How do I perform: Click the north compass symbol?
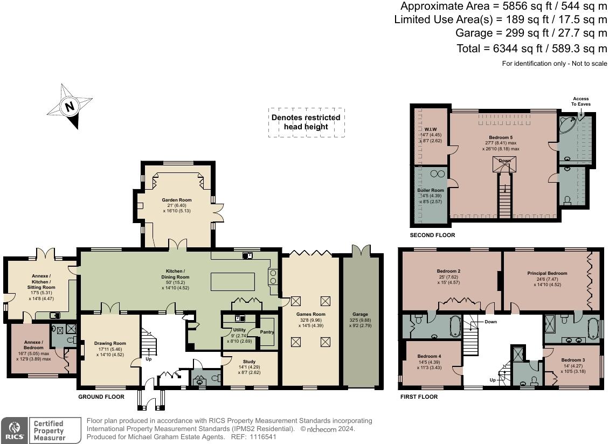(70, 106)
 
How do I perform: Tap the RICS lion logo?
(15, 430)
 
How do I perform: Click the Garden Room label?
(177, 200)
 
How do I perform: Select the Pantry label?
(267, 332)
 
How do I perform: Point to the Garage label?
(360, 314)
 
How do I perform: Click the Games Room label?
(311, 314)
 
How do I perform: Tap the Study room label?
(249, 362)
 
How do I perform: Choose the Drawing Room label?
(110, 343)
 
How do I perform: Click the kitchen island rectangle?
(233, 282)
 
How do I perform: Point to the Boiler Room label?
(431, 190)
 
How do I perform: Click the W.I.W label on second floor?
(431, 129)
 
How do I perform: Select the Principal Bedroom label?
(547, 274)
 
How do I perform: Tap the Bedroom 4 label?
(429, 356)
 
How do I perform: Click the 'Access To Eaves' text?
(580, 101)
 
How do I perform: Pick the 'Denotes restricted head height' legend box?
(306, 122)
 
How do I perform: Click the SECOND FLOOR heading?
(432, 235)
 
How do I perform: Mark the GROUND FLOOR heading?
(101, 397)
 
